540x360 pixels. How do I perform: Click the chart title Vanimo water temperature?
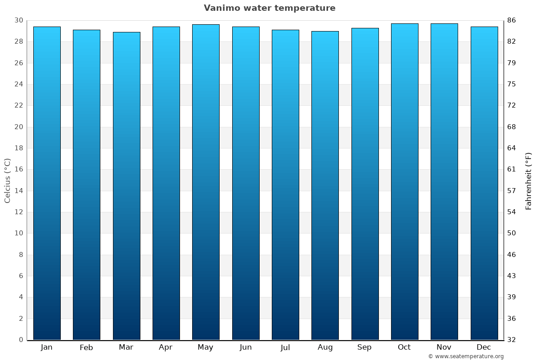(x=270, y=8)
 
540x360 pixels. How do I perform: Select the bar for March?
(x=126, y=186)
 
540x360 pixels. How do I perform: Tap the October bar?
(x=405, y=181)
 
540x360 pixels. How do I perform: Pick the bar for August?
(x=325, y=185)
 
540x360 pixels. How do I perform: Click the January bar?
(x=47, y=183)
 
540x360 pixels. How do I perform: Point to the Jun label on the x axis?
(x=246, y=347)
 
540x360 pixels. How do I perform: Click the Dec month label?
(x=484, y=347)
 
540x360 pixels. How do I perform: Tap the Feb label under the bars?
(x=86, y=347)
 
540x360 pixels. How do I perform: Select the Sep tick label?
(x=364, y=347)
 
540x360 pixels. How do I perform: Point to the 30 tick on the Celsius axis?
(x=18, y=20)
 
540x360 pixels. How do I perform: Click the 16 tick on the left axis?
(x=18, y=169)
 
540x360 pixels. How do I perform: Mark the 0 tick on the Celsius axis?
(x=21, y=340)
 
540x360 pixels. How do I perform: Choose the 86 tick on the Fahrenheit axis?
(x=512, y=20)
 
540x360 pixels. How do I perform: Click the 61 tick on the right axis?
(x=512, y=169)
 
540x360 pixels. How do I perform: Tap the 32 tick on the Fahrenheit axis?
(x=512, y=340)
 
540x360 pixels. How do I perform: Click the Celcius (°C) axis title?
(x=8, y=180)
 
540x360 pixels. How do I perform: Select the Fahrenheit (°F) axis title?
(x=529, y=180)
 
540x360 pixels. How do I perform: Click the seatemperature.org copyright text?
(x=466, y=356)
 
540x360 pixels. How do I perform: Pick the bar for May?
(x=206, y=182)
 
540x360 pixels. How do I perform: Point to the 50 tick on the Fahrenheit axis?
(x=512, y=233)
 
